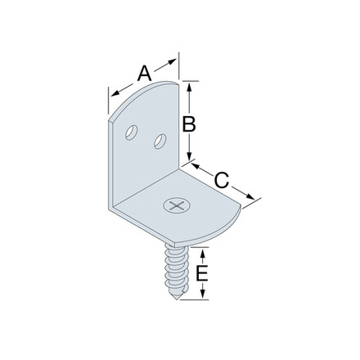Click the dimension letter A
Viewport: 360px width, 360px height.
coord(144,73)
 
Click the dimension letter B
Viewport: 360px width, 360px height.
coord(188,124)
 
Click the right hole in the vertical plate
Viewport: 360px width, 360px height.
coord(160,142)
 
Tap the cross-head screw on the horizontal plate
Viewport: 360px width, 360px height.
coord(175,205)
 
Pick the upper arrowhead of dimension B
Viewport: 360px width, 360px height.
coord(189,84)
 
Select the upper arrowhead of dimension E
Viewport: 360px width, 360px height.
coord(202,249)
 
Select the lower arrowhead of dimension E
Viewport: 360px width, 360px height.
coord(202,296)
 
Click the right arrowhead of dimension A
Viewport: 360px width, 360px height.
coord(173,60)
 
